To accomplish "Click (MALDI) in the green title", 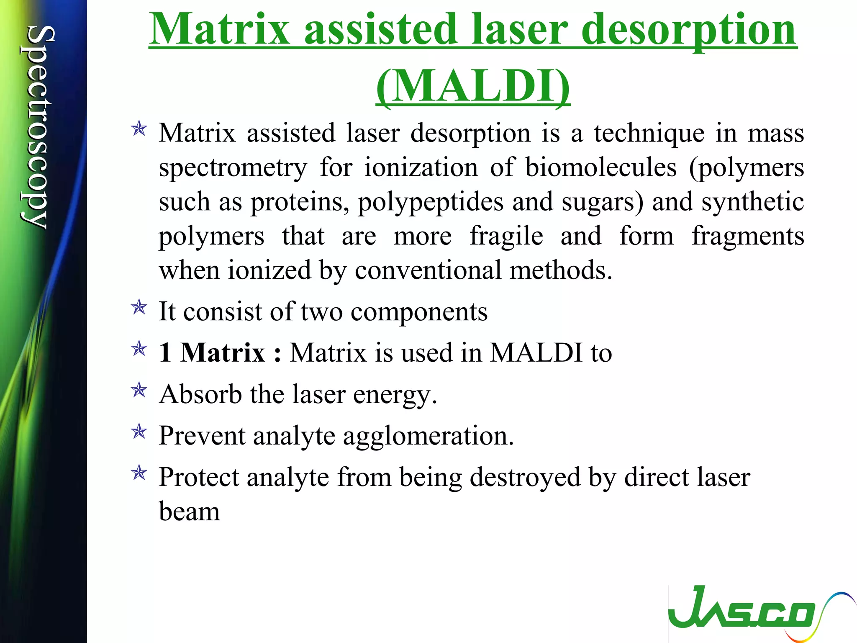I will click(x=473, y=86).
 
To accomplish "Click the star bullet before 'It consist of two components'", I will click(x=139, y=308).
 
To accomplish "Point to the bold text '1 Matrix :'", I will click(x=220, y=352).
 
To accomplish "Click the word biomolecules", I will click(x=601, y=167).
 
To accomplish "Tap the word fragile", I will click(x=506, y=236).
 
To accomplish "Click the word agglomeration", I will click(x=428, y=436).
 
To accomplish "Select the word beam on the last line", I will click(x=189, y=512).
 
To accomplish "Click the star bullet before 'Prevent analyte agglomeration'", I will click(x=139, y=431).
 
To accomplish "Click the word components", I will click(x=419, y=312).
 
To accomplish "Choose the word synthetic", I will click(x=752, y=202).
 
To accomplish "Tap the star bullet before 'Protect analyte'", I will click(x=139, y=473).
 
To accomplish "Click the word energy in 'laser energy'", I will click(x=395, y=395).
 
